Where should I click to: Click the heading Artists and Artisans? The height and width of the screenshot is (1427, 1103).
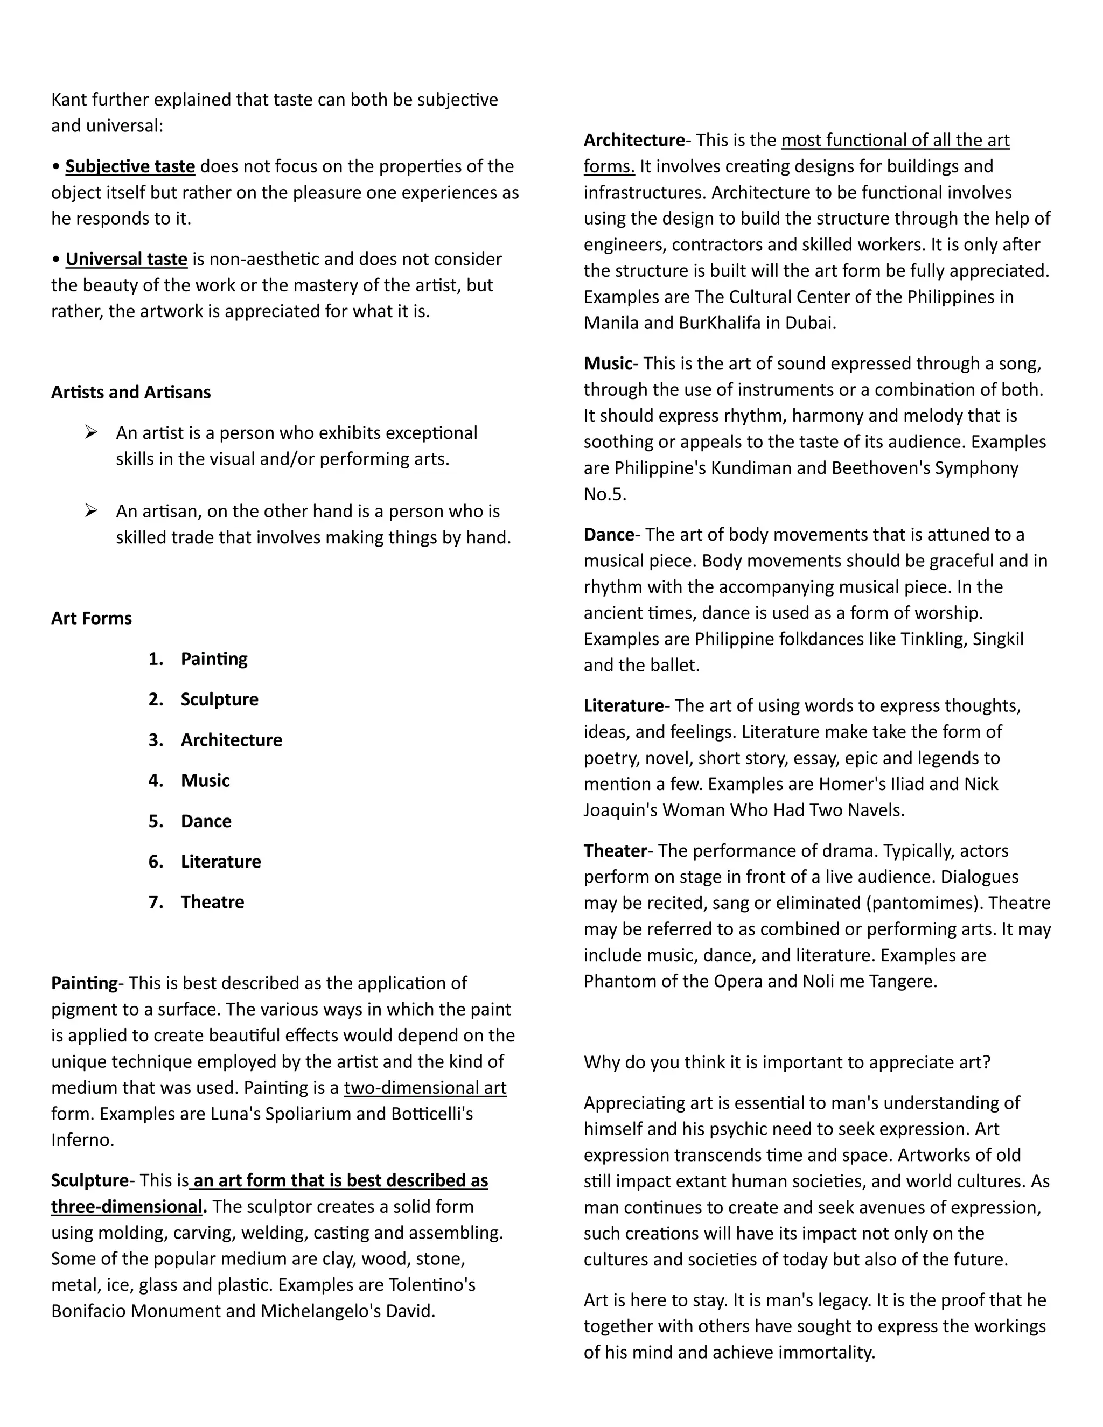(131, 392)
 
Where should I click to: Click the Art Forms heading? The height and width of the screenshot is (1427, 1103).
(92, 618)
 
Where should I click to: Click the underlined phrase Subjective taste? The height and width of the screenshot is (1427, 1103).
(130, 166)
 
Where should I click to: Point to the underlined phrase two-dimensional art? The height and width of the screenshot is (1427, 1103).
(425, 1087)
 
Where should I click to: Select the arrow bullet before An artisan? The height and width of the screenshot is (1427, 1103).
(91, 510)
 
